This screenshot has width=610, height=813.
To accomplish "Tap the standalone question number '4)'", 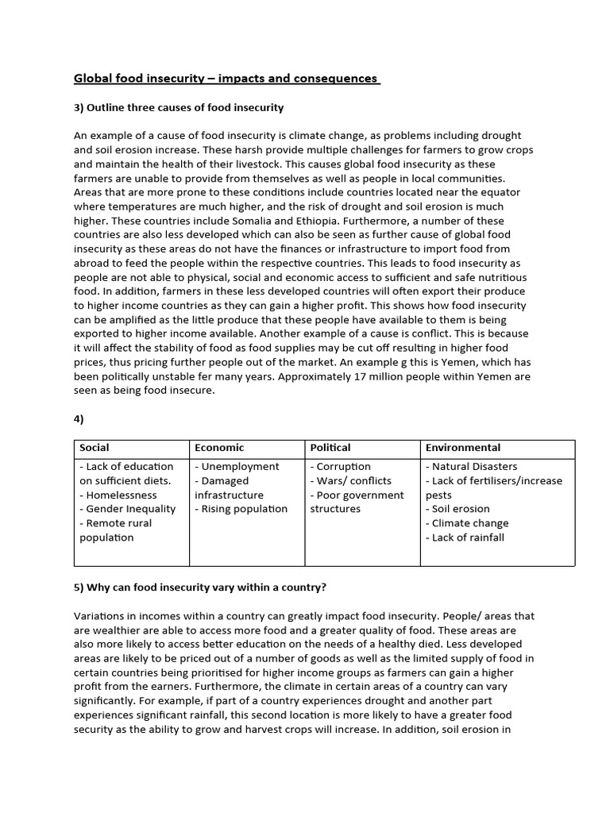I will pyautogui.click(x=79, y=419).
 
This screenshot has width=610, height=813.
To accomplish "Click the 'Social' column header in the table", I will pyautogui.click(x=95, y=448).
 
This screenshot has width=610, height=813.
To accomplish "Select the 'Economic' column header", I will pyautogui.click(x=219, y=448).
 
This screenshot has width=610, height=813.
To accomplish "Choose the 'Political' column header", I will pyautogui.click(x=330, y=448).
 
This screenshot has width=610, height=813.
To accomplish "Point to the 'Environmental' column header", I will pyautogui.click(x=463, y=448).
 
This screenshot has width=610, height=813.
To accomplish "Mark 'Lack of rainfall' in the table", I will pyautogui.click(x=468, y=538).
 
